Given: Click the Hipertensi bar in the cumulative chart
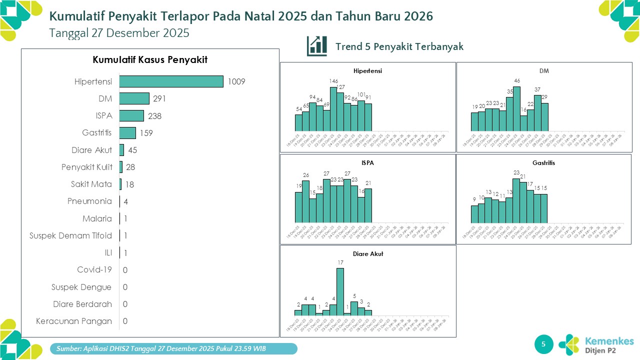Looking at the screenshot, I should click(x=171, y=81).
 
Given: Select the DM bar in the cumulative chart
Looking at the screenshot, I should click(x=134, y=98).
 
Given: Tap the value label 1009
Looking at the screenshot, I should click(x=236, y=81).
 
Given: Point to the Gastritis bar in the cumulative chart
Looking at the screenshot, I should click(x=127, y=132).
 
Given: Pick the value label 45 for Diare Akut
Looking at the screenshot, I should click(x=132, y=150).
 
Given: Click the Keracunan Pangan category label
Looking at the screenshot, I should click(x=74, y=321).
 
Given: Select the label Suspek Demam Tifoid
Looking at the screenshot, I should click(x=70, y=235).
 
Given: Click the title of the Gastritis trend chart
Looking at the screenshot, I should click(x=543, y=163).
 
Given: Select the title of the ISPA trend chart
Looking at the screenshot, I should click(x=367, y=163).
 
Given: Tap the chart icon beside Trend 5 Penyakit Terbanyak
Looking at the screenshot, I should click(x=317, y=46).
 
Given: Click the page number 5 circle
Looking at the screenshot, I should click(x=544, y=343).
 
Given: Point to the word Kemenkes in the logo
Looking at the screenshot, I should click(x=609, y=341).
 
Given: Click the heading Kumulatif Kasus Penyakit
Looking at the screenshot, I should click(x=150, y=60).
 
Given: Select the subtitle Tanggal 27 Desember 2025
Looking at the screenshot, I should click(x=119, y=33).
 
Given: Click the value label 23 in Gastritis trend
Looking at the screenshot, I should click(x=516, y=172).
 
